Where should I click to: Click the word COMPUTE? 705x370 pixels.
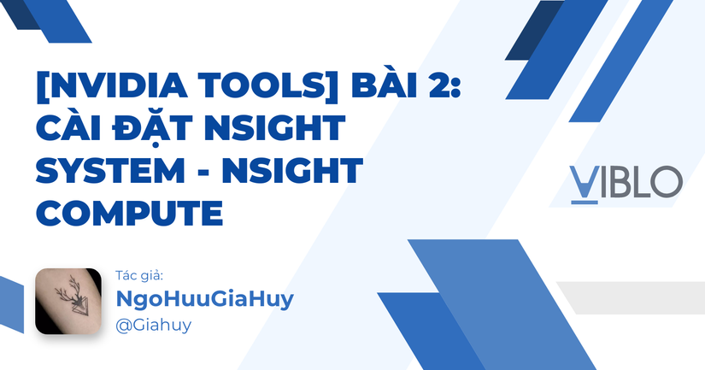(x=128, y=213)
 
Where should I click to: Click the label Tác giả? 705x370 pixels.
(x=138, y=276)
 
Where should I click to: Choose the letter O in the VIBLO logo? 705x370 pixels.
(x=666, y=181)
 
